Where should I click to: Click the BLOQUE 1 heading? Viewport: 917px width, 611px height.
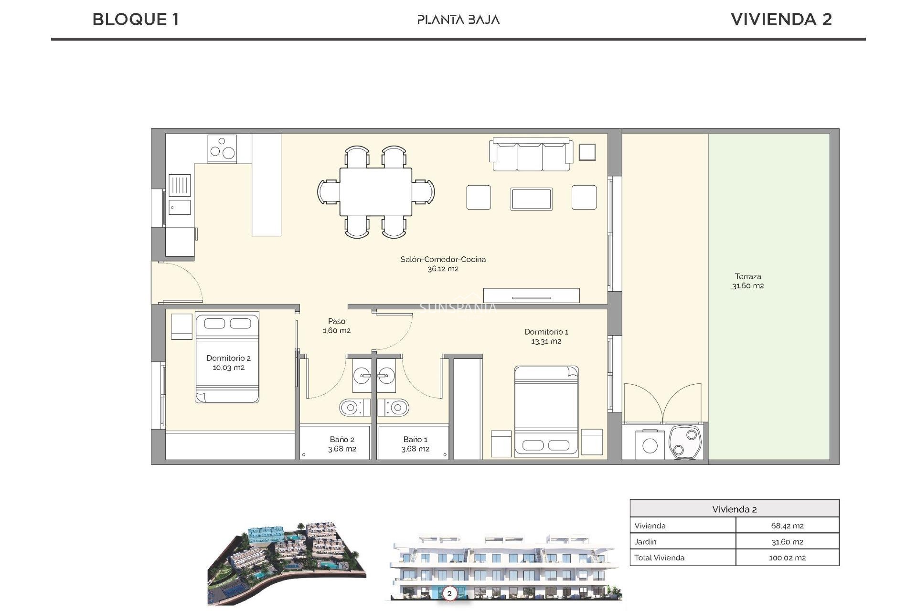[136, 20]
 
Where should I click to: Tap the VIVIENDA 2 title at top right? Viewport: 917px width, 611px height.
[781, 20]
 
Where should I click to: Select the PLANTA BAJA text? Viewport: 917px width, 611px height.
[458, 20]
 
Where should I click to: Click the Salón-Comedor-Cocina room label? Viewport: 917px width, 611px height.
[443, 263]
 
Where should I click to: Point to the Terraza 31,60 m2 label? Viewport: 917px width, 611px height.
[748, 281]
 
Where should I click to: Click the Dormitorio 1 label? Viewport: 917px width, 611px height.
[546, 336]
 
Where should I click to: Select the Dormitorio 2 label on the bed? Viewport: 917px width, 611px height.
[228, 362]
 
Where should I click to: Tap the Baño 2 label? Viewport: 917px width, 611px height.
[342, 444]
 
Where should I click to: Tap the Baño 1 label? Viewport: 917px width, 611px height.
[415, 444]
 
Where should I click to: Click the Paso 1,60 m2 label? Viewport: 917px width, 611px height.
[337, 326]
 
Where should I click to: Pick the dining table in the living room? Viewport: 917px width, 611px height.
[376, 191]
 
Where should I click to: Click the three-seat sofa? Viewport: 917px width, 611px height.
[531, 155]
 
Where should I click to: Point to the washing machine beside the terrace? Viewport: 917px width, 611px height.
[650, 444]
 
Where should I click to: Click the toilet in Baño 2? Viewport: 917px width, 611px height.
[353, 408]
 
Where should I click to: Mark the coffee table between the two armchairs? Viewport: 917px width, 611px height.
[531, 199]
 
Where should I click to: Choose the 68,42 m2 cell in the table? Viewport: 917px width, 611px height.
[787, 526]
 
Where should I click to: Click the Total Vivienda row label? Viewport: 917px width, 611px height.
[659, 558]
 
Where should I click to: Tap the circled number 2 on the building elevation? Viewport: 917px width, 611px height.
[449, 594]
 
